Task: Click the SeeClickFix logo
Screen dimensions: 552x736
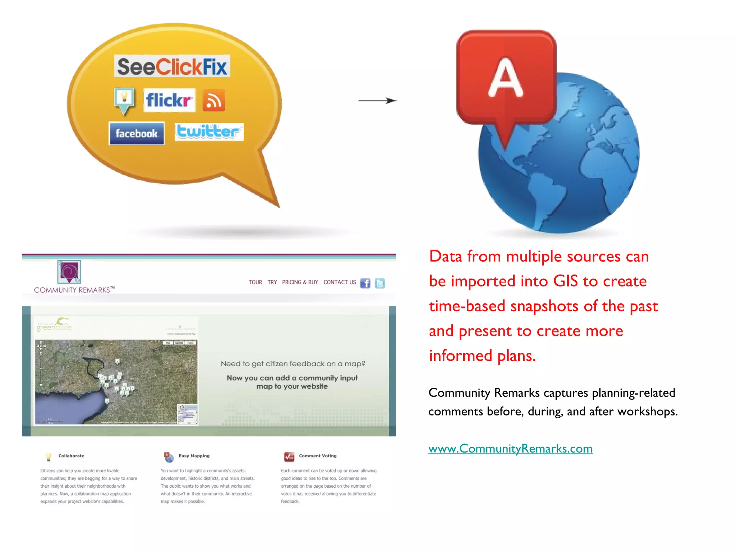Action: pos(172,66)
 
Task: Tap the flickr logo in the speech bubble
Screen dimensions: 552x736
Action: pos(169,100)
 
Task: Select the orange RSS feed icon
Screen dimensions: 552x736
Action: pos(214,100)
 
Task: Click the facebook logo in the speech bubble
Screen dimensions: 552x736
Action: pos(137,133)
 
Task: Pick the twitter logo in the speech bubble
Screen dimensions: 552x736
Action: pos(209,132)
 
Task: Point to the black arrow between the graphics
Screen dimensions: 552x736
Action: pos(378,101)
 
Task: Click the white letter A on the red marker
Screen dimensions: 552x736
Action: pos(505,78)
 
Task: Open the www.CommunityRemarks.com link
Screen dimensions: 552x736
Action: pos(510,448)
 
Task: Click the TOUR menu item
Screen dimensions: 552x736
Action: pos(255,282)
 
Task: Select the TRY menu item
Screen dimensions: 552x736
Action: pos(272,282)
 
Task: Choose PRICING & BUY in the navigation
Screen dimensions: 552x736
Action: pos(300,282)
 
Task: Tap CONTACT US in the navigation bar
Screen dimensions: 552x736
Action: pos(340,282)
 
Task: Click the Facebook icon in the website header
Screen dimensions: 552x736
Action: pos(365,283)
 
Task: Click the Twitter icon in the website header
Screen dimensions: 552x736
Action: pos(380,283)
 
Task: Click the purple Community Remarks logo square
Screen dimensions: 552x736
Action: pos(69,272)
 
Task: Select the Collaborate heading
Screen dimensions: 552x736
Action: pos(71,456)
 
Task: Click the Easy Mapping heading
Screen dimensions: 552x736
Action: pos(194,456)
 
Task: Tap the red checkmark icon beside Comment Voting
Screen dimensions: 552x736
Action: pos(289,456)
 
